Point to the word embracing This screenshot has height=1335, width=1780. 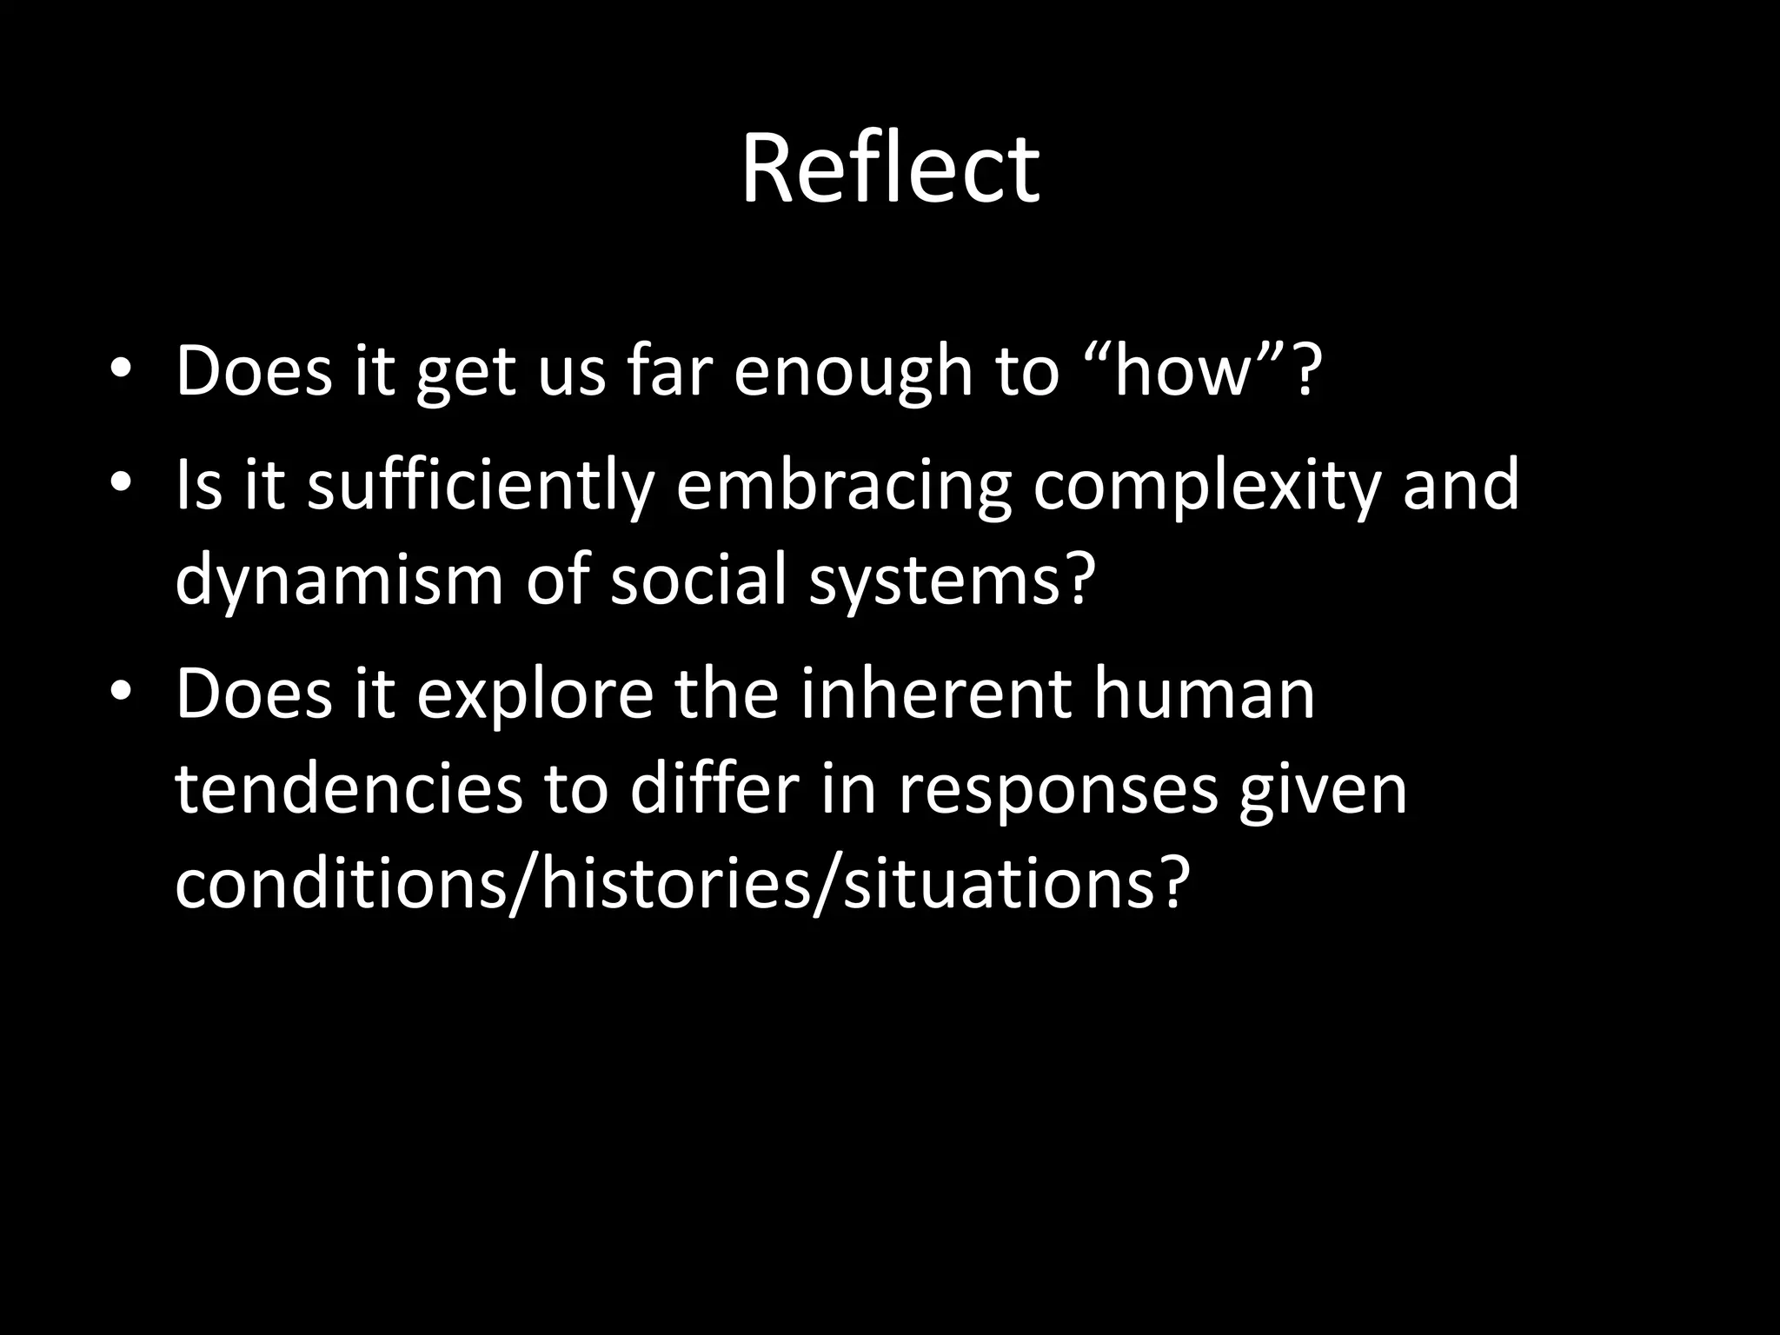tap(843, 487)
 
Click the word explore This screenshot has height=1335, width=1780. tap(535, 695)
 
